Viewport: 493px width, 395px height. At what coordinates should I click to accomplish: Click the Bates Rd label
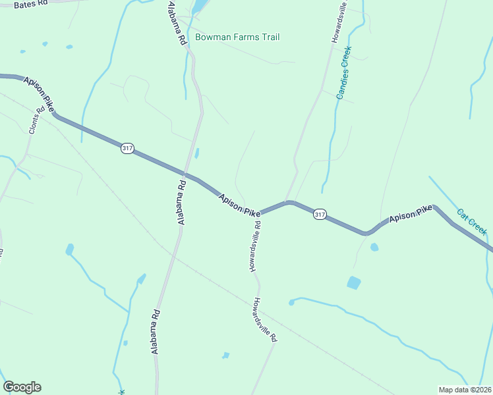(31, 4)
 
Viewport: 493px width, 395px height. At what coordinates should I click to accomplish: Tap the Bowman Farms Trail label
(237, 37)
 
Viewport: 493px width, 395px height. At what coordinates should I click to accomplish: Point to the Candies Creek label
(344, 73)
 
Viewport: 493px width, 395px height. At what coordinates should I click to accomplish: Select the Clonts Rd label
(36, 120)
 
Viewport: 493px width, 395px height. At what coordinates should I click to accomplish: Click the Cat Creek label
(472, 222)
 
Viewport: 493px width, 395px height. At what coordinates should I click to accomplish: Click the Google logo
(22, 387)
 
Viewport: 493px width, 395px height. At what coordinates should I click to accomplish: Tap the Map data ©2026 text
(465, 390)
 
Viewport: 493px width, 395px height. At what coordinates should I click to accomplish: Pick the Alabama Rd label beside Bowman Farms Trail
(177, 22)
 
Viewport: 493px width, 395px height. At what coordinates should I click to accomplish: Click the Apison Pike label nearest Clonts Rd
(40, 93)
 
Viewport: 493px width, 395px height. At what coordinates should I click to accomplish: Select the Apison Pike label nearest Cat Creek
(409, 213)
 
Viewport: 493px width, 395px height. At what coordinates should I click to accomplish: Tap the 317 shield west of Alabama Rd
(127, 149)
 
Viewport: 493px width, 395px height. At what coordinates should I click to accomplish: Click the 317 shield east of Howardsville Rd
(320, 215)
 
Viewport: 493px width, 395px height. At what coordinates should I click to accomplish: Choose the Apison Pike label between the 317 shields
(240, 205)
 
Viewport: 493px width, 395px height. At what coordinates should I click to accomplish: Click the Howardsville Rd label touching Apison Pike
(255, 246)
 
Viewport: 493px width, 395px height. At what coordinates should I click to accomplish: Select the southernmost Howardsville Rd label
(264, 320)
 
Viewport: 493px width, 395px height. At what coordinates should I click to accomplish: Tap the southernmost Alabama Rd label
(156, 332)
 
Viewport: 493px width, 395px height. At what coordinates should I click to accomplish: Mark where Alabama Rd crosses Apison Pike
(187, 175)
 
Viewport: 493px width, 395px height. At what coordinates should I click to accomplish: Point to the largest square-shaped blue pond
(354, 283)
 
